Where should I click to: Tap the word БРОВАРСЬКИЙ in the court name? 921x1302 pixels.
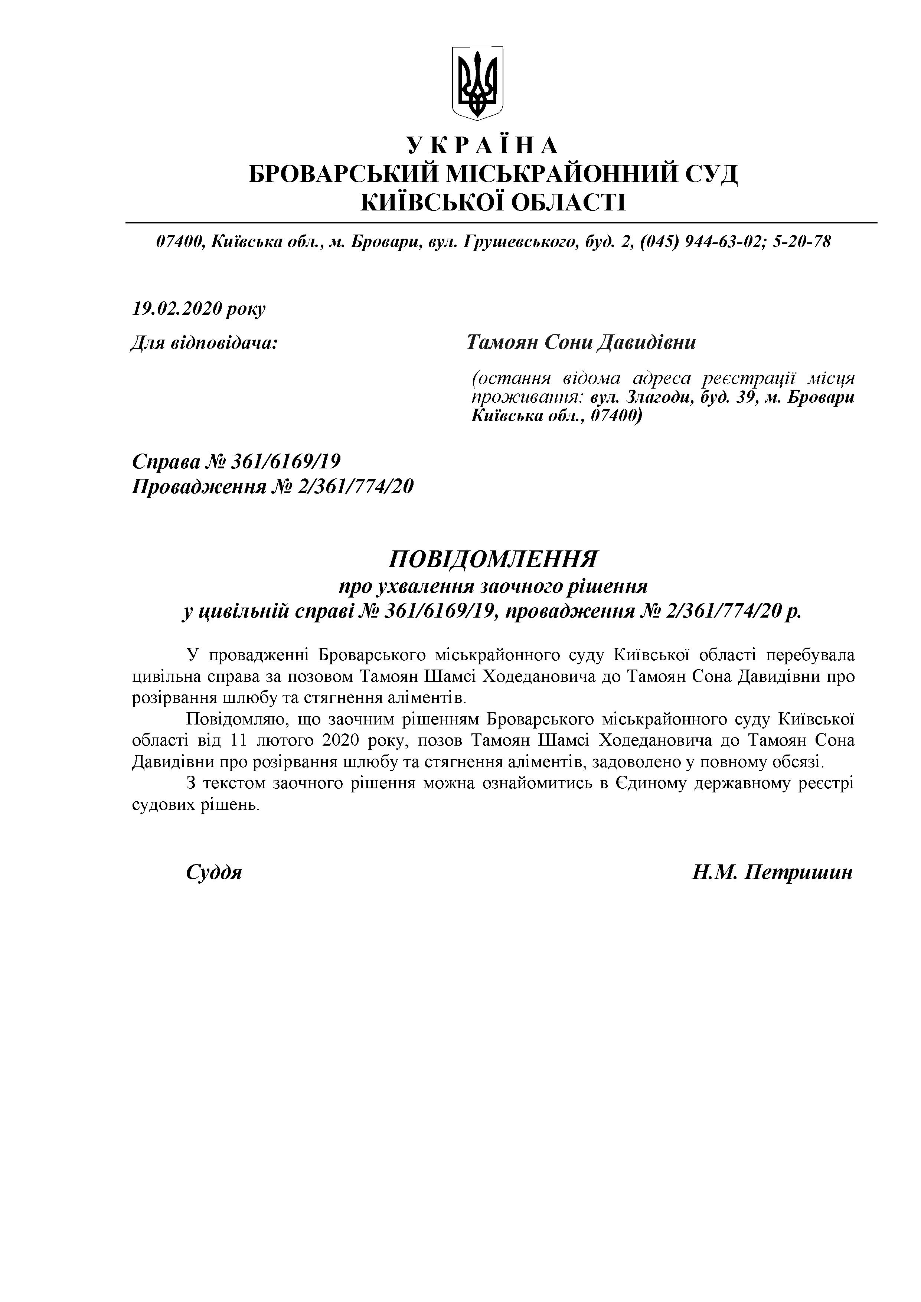click(x=343, y=174)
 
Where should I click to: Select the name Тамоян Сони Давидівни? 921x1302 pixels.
click(x=581, y=343)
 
